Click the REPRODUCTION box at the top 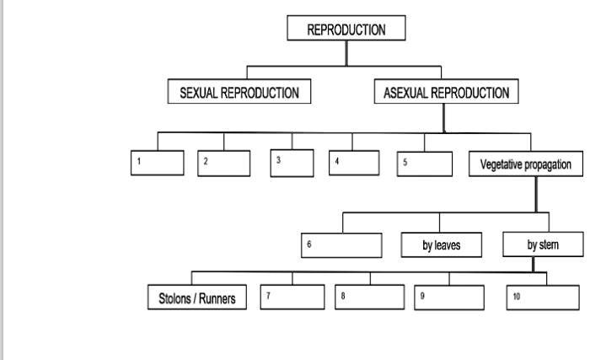pos(346,30)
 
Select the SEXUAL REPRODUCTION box pos(239,93)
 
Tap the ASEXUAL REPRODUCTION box pos(446,93)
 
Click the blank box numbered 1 pos(157,163)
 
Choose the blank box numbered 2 pos(224,163)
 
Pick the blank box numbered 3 pos(292,163)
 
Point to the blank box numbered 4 pos(354,163)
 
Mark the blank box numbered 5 pos(425,163)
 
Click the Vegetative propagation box pos(525,164)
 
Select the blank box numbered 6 pos(342,245)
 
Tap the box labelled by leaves pos(442,245)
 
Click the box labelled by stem pos(543,245)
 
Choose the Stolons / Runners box pos(197,298)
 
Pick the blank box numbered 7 pos(292,297)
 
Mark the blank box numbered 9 pos(448,298)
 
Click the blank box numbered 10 pos(543,298)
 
